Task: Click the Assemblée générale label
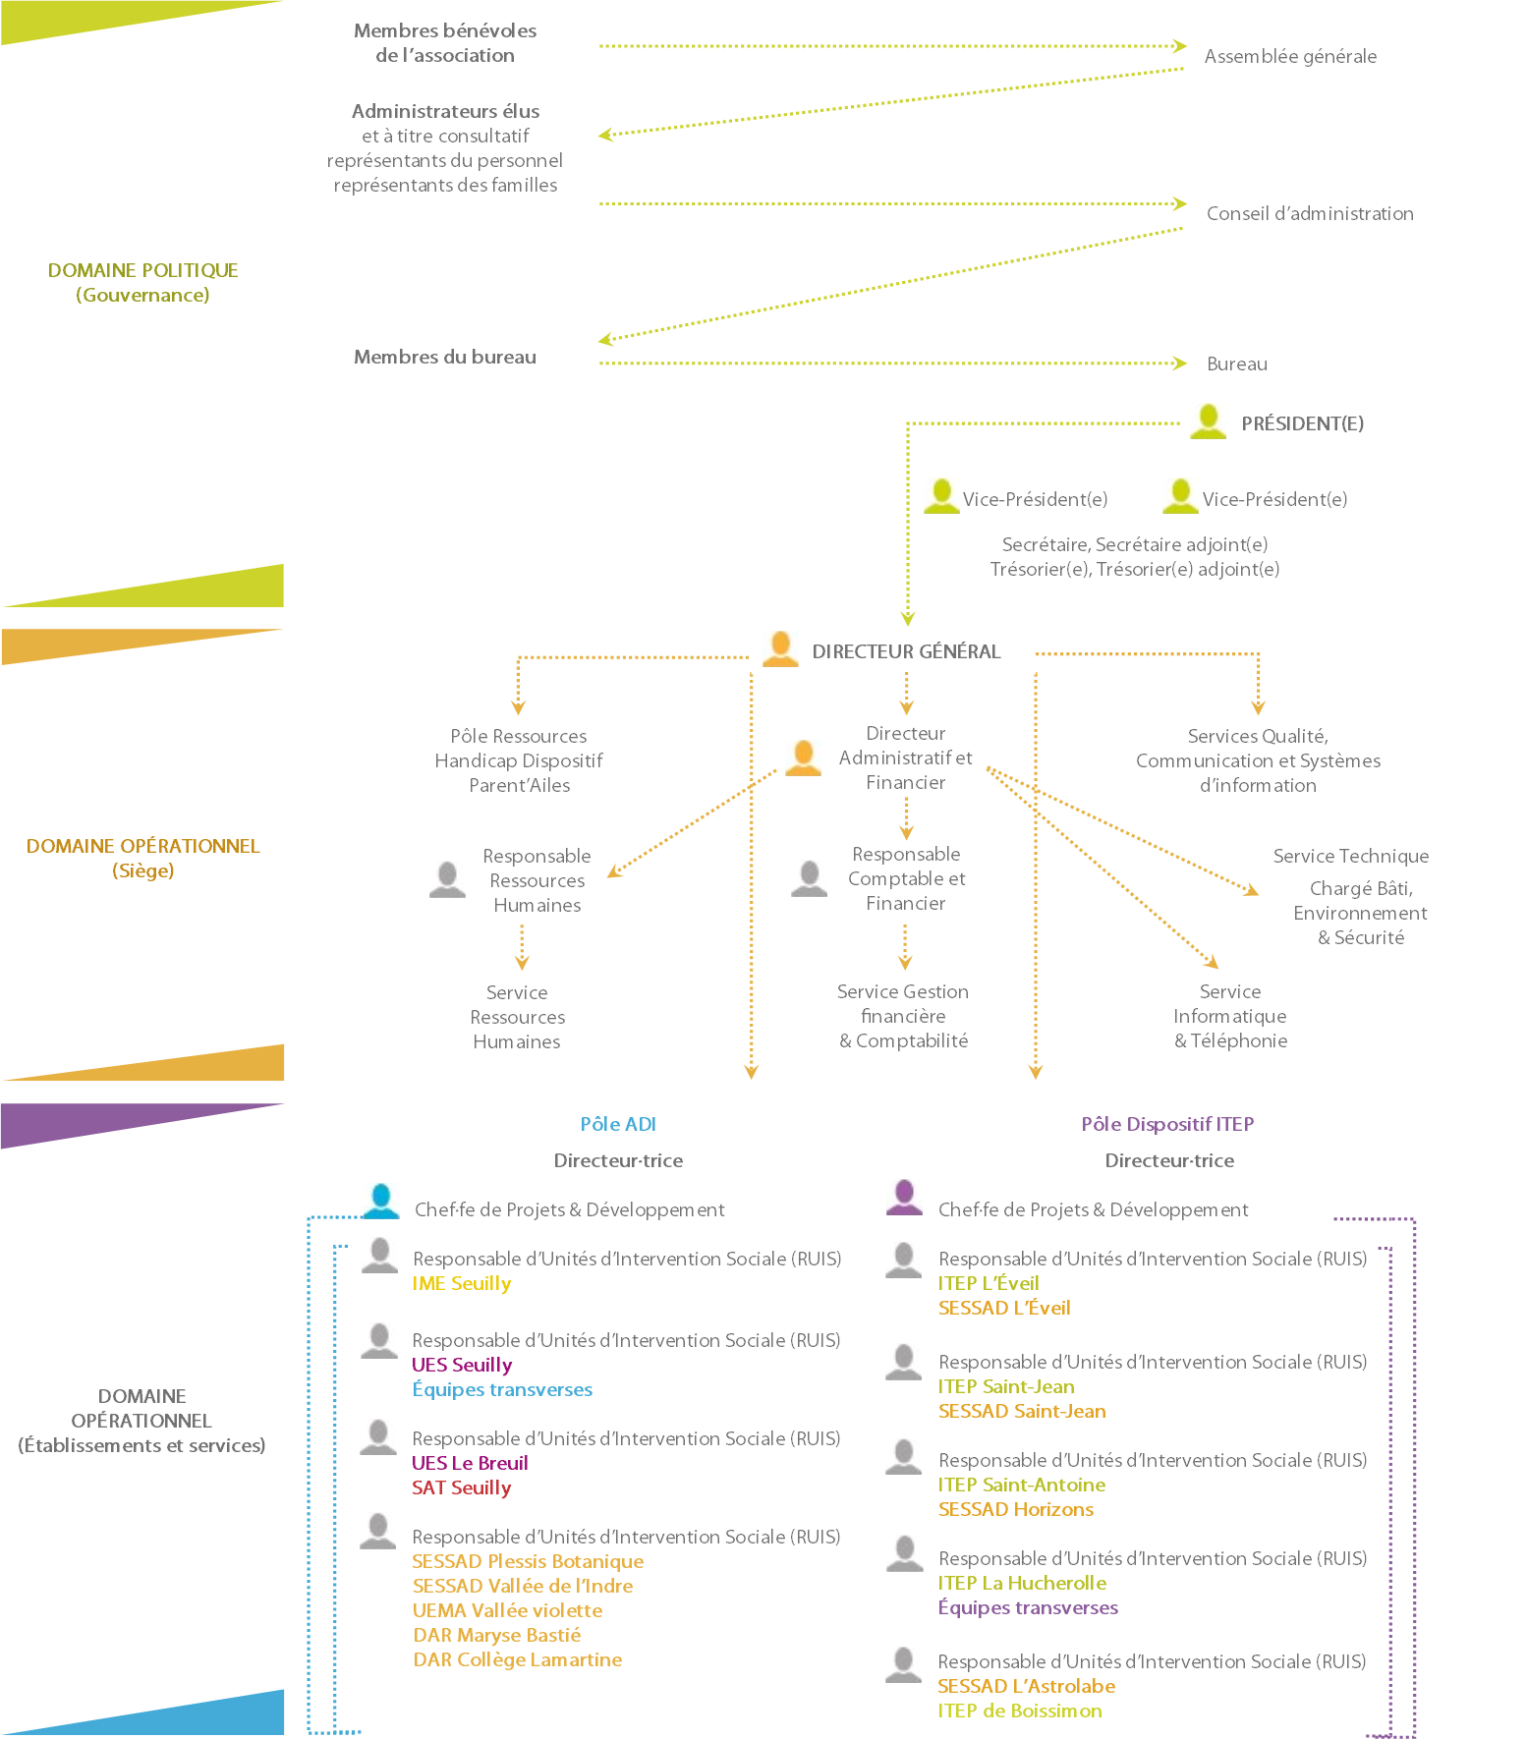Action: [1290, 57]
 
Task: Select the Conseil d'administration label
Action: [1310, 214]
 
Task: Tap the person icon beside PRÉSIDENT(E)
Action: [1208, 421]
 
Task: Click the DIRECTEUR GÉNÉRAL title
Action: [906, 651]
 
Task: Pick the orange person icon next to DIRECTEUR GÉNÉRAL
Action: [780, 649]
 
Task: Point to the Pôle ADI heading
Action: [618, 1124]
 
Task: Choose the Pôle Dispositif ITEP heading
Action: [1167, 1124]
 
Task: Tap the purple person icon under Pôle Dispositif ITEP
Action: [904, 1198]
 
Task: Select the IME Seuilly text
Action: [462, 1284]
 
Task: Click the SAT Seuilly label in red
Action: [462, 1488]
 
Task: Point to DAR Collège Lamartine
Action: [518, 1660]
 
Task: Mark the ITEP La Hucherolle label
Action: [1022, 1584]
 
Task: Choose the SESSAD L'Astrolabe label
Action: [1027, 1687]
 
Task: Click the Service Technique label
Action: [1351, 857]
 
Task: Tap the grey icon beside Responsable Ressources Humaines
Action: [447, 878]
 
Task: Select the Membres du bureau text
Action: [445, 358]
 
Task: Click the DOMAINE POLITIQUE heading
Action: [143, 271]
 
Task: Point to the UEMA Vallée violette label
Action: [508, 1611]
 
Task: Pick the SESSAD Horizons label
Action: [1016, 1510]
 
